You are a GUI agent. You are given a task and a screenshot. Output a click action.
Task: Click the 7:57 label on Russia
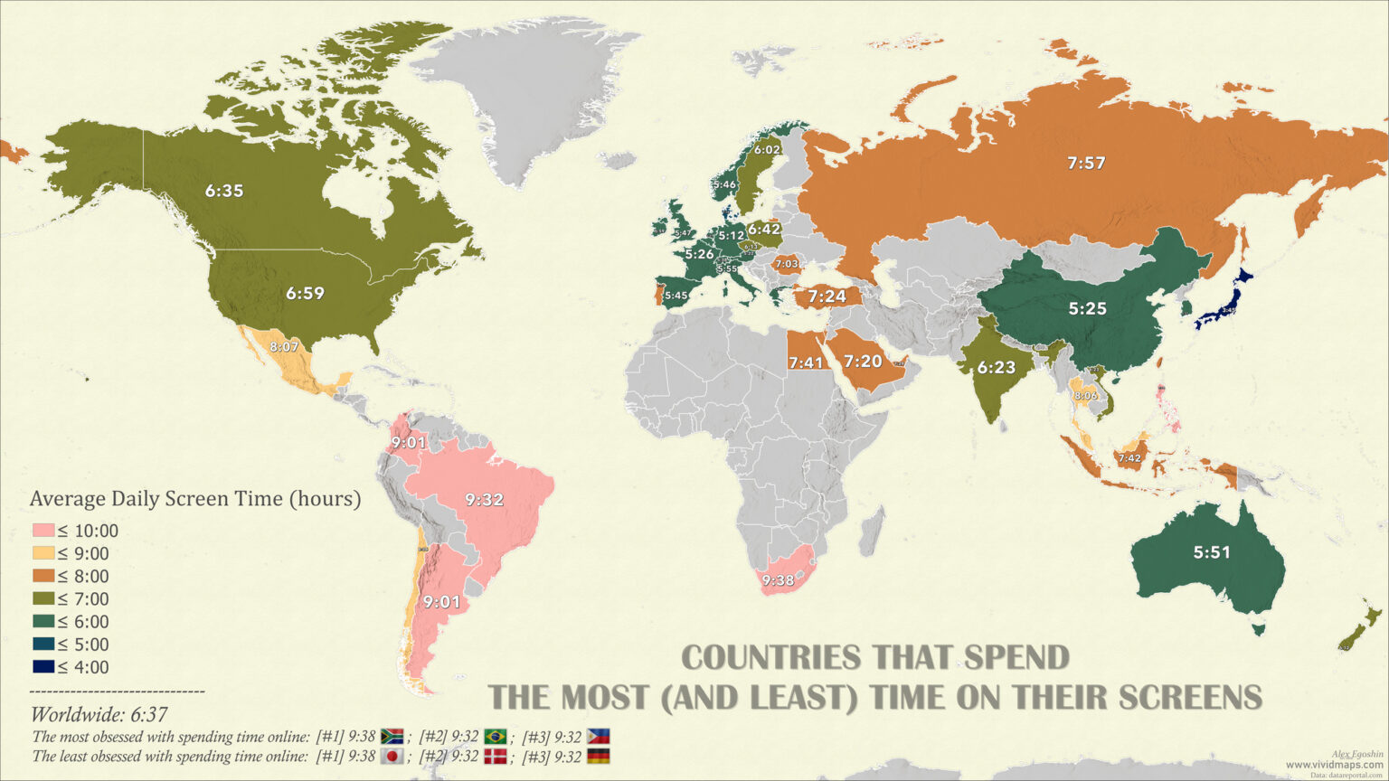point(1086,164)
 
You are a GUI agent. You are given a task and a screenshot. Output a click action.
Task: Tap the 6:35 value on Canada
point(224,191)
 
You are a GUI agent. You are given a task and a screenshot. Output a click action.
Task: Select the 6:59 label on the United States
point(305,294)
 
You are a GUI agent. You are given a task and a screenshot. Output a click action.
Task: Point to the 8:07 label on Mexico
point(284,346)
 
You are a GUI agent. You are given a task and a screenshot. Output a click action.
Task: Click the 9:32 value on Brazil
point(485,499)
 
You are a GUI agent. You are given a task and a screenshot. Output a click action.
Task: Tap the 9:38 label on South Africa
point(778,580)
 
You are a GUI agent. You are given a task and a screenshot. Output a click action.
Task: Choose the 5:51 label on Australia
point(1212,552)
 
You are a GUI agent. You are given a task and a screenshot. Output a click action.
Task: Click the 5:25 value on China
point(1087,308)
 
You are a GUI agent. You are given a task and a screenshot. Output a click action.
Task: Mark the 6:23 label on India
point(997,367)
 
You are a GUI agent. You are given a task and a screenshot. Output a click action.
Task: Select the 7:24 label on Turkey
point(827,296)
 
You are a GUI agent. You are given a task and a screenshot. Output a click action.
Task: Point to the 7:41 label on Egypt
point(805,362)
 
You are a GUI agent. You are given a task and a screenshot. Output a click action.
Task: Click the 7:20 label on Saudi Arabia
point(863,362)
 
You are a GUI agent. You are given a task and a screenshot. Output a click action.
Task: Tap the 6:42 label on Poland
point(763,230)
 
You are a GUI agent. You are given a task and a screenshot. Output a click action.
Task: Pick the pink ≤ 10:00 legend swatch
point(43,532)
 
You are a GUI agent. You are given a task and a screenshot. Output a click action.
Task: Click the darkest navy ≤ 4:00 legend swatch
point(43,667)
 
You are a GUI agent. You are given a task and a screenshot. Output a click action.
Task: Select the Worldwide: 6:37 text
point(99,715)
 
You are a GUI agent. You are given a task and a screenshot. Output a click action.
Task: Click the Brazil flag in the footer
point(495,737)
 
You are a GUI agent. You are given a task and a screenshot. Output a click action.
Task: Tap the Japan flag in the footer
point(392,757)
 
